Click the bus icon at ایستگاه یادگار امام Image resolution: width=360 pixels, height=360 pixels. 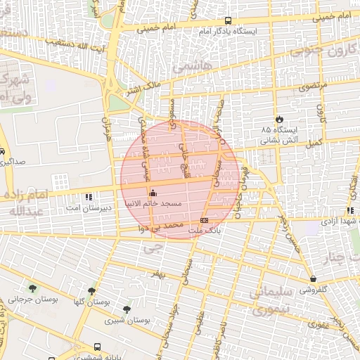(227, 22)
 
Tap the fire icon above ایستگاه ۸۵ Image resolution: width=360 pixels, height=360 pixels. (280, 119)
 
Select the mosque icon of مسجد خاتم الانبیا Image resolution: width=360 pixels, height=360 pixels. (153, 192)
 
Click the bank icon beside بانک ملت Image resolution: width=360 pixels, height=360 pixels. (204, 219)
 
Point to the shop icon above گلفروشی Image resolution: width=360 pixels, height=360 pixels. (312, 278)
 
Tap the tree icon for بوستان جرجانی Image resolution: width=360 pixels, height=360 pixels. (32, 288)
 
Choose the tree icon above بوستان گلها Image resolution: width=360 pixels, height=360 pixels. (91, 290)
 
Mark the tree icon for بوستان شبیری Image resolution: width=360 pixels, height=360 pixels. (127, 309)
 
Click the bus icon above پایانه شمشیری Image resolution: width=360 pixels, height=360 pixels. (96, 346)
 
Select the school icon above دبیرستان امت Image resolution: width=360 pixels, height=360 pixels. (88, 198)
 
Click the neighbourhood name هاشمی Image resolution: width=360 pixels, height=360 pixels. (191, 65)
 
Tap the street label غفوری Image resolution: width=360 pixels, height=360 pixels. (317, 325)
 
